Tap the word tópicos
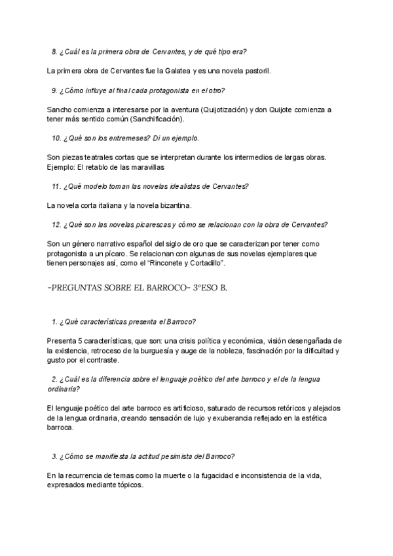tap(128, 486)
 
